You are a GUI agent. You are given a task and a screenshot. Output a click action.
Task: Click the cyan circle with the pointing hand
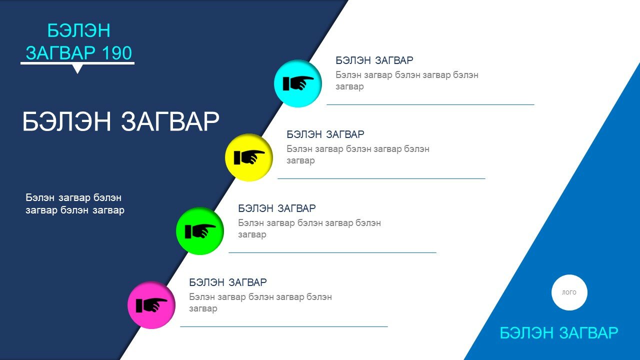297,83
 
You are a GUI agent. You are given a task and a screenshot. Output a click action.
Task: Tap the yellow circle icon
249,157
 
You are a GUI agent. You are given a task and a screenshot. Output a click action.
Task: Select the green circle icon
200,231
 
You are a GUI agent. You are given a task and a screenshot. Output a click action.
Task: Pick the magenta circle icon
151,305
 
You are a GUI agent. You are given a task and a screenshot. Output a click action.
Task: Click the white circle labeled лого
569,292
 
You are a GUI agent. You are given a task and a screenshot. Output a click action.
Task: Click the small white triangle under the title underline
77,69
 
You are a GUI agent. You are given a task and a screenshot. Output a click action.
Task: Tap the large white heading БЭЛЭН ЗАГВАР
120,121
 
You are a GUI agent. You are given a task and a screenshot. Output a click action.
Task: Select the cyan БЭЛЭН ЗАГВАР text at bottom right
559,333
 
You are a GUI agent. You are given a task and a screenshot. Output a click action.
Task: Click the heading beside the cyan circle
374,60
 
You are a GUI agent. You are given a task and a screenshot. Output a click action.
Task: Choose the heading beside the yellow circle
325,134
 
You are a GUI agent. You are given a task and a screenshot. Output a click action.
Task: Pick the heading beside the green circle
277,208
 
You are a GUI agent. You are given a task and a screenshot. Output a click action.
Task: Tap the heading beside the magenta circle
228,282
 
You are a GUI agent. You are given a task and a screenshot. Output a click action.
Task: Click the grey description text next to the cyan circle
407,80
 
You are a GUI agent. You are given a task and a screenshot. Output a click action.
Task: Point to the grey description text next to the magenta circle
260,302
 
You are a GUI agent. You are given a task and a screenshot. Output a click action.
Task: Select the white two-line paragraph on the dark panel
75,203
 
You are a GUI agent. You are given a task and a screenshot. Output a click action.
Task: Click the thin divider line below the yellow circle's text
381,178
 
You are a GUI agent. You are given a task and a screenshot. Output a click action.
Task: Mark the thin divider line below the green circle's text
332,252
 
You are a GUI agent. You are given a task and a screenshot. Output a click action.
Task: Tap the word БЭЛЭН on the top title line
79,30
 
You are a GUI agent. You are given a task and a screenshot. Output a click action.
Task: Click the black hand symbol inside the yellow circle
249,157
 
